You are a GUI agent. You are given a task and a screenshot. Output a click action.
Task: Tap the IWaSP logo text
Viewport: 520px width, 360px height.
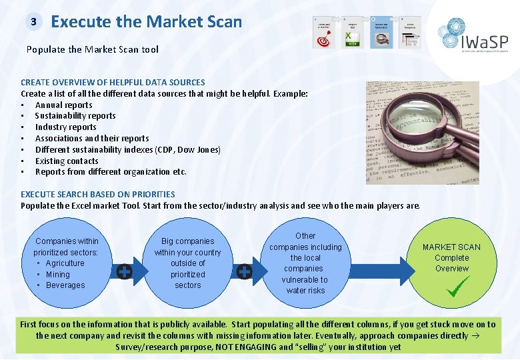[x=484, y=42]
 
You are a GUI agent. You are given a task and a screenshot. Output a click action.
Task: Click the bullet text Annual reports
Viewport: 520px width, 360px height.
[x=63, y=105]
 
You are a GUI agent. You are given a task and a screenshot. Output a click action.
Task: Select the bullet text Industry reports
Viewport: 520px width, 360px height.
[x=65, y=127]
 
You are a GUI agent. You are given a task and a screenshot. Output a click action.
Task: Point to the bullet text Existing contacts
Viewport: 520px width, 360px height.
[x=67, y=161]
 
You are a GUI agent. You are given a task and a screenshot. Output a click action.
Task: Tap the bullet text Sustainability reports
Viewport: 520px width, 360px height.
[x=75, y=116]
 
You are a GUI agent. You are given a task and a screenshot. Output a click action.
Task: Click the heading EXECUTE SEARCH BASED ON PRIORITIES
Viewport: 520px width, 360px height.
[x=98, y=194]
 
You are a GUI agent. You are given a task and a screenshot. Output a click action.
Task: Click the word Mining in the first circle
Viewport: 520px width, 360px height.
[x=57, y=274]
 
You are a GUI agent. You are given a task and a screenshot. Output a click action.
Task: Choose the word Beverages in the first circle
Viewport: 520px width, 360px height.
[x=65, y=285]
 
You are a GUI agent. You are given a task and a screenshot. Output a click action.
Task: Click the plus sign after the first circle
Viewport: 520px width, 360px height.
[x=124, y=271]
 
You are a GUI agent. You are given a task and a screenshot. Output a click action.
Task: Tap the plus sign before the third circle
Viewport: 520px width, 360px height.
[x=244, y=271]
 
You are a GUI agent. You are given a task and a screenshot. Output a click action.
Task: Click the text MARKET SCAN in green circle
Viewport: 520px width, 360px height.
[x=451, y=247]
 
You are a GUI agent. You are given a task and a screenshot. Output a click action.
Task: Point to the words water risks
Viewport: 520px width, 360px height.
[x=305, y=291]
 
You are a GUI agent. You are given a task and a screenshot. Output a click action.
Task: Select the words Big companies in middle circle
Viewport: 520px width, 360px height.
[x=188, y=241]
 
